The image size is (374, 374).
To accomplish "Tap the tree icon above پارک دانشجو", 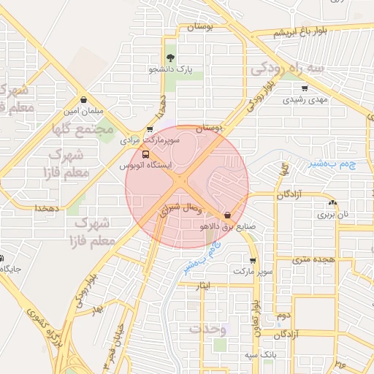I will (171, 58).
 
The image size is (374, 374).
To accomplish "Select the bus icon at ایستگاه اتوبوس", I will (145, 154).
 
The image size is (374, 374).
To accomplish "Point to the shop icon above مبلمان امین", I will (83, 101).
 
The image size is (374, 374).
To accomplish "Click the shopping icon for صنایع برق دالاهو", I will (228, 215).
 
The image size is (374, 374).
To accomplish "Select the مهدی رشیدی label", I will (305, 99).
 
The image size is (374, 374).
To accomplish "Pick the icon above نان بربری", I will (334, 204).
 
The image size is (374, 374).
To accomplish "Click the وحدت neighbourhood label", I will (209, 329).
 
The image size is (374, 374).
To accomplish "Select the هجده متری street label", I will (313, 259).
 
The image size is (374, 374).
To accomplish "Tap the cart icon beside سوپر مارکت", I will (252, 260).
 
